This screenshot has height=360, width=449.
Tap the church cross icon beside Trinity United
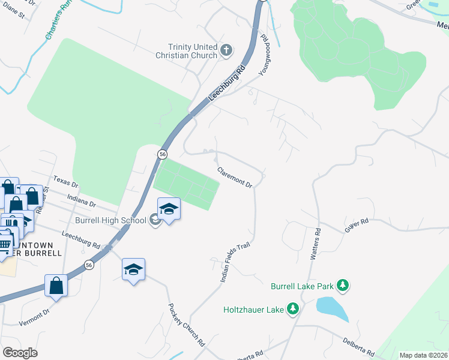coord(227,50)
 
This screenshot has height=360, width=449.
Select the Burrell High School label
coord(110,220)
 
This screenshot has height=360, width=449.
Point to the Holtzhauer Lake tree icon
coord(292,310)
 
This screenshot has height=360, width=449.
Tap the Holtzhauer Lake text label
coord(253,310)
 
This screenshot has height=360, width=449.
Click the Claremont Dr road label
coord(234,177)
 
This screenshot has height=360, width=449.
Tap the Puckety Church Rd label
coord(186,324)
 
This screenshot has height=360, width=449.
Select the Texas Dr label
coord(66,182)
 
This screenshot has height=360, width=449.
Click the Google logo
coord(20,353)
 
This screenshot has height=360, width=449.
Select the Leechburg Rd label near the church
coord(228,87)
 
